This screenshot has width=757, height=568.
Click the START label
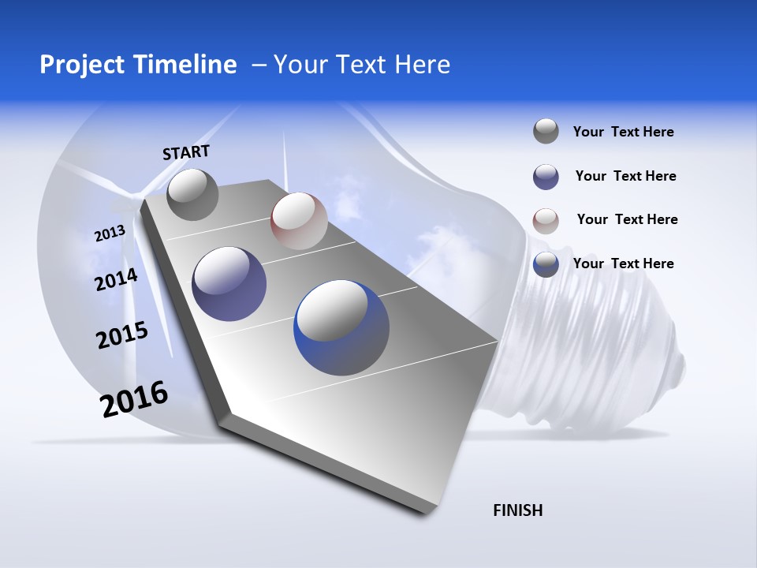coord(186,152)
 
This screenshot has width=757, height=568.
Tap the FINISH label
coord(518,510)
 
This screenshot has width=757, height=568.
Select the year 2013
coord(110,234)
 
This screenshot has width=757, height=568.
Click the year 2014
coord(116,280)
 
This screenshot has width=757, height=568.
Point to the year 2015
coord(122,335)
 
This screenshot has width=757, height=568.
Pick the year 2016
coord(135,399)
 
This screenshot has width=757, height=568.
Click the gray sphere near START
coord(193,194)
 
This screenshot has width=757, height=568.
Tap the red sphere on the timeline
coord(299,220)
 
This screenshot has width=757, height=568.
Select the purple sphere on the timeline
coord(229,284)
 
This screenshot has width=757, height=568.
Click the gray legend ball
coord(546,131)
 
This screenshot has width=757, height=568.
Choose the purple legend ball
coord(546,176)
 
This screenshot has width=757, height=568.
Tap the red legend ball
coord(546,220)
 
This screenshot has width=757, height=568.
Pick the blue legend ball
coord(546,263)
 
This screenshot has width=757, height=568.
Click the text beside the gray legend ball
coord(623,132)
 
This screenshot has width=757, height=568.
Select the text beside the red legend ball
coord(627,219)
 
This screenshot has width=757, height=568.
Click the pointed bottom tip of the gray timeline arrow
coord(424,513)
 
